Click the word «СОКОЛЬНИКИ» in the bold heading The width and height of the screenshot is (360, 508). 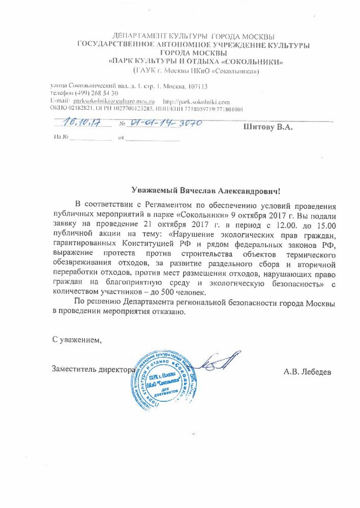pyautogui.click(x=248, y=61)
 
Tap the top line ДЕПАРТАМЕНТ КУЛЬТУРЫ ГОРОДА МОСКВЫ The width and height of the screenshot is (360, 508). pyautogui.click(x=194, y=37)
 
